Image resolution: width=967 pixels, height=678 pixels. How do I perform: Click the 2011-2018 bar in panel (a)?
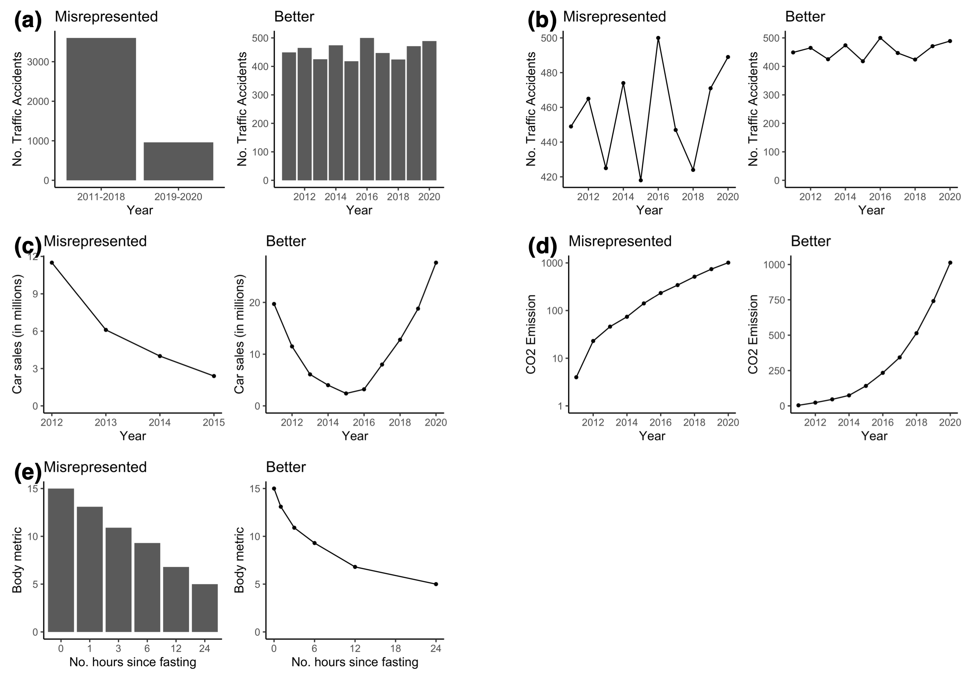[101, 109]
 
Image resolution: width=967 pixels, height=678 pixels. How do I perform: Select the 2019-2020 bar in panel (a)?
[178, 162]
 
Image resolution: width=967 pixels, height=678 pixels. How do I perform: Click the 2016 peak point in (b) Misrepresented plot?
[658, 38]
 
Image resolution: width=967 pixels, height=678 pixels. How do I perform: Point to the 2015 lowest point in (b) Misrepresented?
[641, 180]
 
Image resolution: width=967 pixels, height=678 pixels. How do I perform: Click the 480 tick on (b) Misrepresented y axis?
[548, 73]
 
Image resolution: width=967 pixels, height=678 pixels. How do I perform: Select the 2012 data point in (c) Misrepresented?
[52, 262]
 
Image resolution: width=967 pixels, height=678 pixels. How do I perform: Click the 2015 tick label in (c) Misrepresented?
[214, 422]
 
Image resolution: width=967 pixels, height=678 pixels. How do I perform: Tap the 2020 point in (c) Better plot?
[436, 262]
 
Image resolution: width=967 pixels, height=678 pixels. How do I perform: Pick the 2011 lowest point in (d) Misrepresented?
[576, 377]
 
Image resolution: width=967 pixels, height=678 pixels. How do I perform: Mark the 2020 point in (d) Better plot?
[950, 262]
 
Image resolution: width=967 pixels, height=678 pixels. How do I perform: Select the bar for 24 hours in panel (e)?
[205, 608]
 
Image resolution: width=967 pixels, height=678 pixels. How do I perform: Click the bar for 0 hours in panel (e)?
[61, 560]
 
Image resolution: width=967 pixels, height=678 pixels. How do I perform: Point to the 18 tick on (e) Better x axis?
[396, 649]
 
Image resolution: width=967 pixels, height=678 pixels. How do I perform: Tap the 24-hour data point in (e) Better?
[436, 584]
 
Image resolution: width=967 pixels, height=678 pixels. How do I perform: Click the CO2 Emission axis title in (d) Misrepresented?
[531, 334]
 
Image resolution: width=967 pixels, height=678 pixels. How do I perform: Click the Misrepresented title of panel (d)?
[620, 241]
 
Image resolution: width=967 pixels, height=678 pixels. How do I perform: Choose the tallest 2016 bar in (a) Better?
[366, 109]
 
